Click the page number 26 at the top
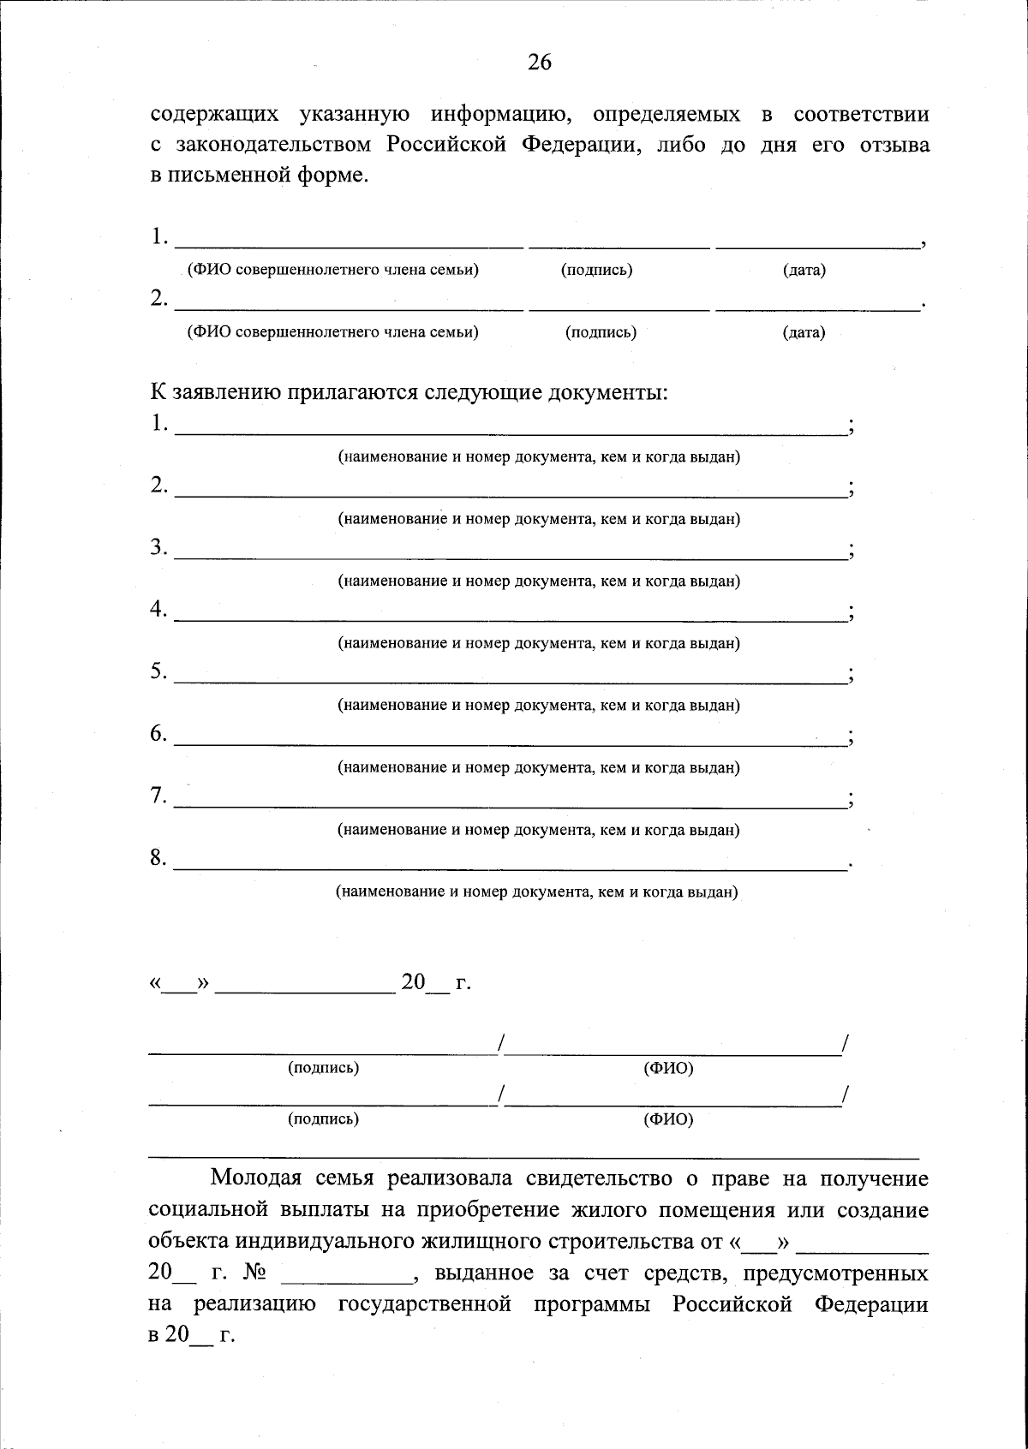[540, 62]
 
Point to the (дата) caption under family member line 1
[804, 271]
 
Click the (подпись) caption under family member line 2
[601, 332]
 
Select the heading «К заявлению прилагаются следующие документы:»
[409, 392]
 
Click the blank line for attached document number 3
[510, 557]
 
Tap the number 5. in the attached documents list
[158, 671]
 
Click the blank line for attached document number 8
[510, 868]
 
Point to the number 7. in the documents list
[158, 796]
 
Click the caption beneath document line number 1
[538, 456]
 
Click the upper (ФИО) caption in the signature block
[668, 1068]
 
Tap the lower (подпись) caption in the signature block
[323, 1118]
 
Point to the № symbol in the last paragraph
[254, 1273]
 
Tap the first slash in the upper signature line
[500, 1043]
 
